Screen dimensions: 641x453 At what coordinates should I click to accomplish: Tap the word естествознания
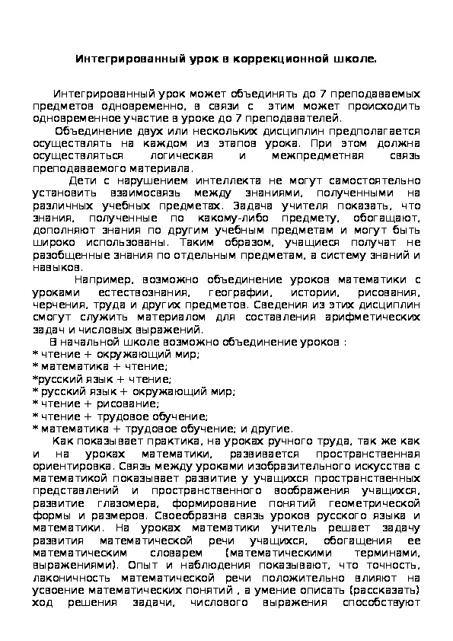point(149,292)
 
